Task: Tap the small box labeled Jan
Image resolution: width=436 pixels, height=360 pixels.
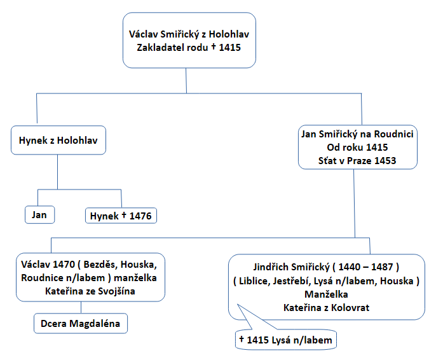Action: [x=39, y=214]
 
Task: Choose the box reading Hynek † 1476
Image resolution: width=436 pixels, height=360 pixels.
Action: [x=121, y=216]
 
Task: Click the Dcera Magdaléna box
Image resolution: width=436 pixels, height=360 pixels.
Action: [x=81, y=324]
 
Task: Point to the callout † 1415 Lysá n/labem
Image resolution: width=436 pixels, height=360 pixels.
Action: [x=285, y=340]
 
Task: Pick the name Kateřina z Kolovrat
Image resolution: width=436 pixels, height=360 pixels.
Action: [x=327, y=307]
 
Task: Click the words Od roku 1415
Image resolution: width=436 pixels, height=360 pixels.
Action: [x=358, y=148]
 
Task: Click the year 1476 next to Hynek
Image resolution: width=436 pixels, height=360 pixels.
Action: [x=140, y=216]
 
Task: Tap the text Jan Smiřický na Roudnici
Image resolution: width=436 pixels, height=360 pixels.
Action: [x=358, y=134]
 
